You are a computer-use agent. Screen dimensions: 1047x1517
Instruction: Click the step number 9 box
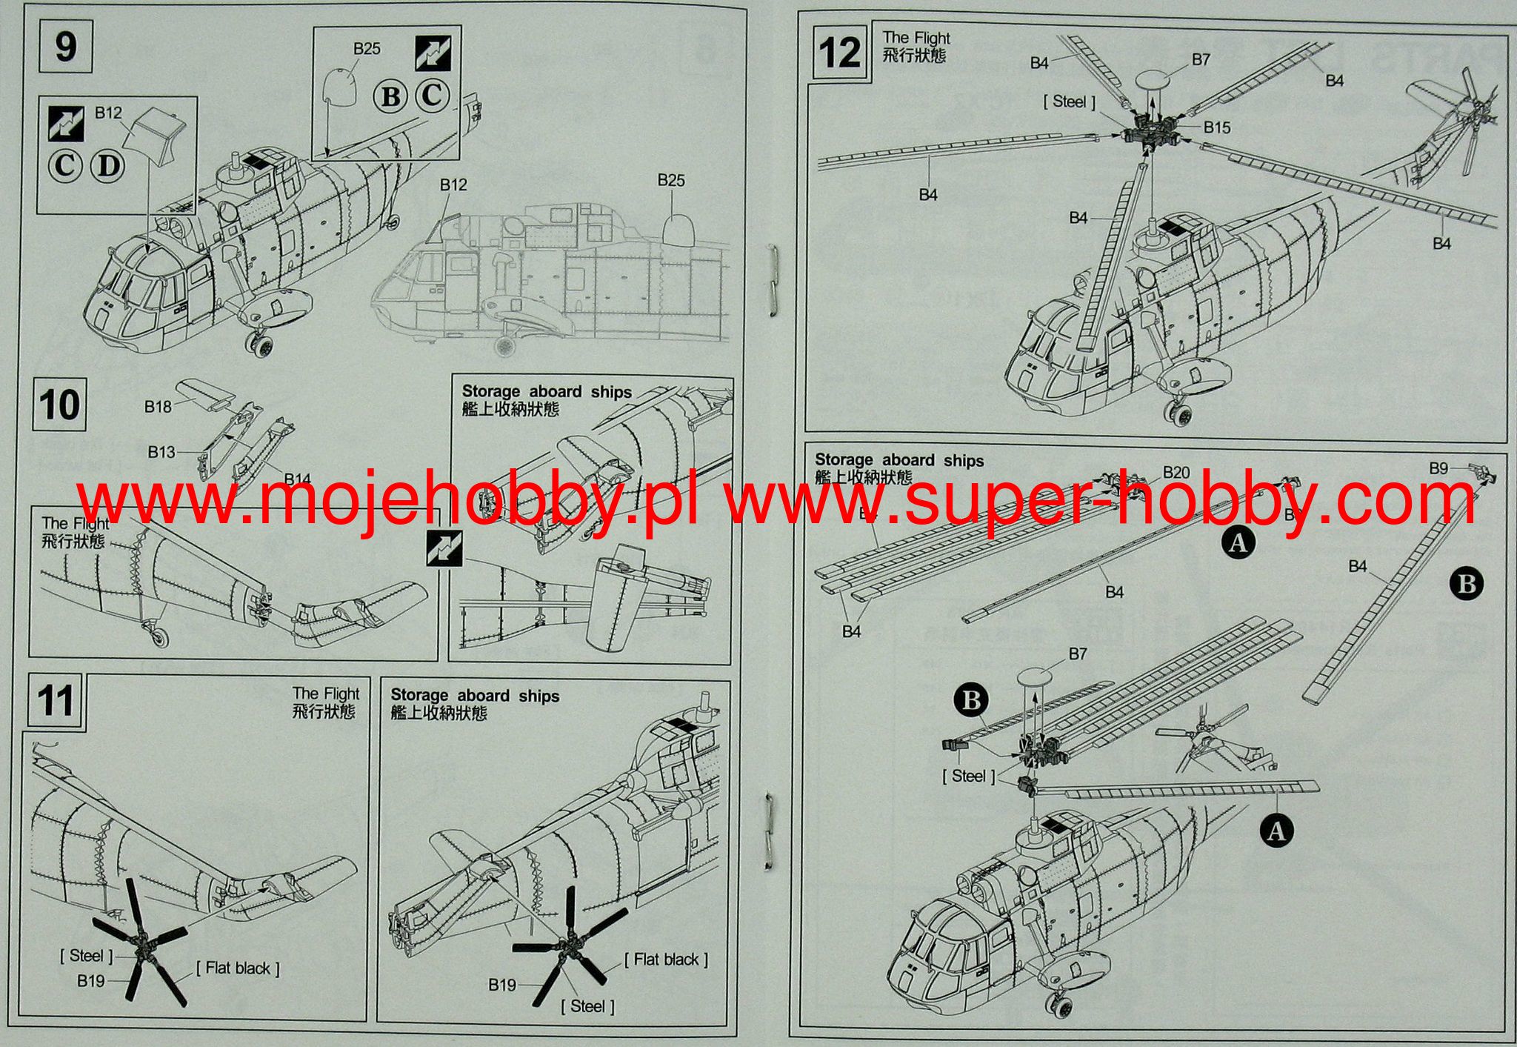(65, 47)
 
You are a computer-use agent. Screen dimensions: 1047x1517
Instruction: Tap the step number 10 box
(59, 405)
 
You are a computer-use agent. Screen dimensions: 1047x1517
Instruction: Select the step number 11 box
(56, 700)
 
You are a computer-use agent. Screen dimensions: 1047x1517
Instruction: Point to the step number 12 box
(839, 53)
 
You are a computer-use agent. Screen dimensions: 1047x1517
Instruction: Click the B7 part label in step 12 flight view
(1201, 60)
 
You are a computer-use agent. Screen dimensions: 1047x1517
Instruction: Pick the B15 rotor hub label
(1216, 127)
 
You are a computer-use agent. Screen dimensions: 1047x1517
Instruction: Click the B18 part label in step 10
(158, 406)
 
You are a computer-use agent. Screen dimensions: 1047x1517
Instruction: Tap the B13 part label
(161, 452)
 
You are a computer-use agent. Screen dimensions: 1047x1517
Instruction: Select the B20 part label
(1176, 473)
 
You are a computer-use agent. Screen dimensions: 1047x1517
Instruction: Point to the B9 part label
(1438, 468)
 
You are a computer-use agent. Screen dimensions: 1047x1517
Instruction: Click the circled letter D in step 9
(108, 165)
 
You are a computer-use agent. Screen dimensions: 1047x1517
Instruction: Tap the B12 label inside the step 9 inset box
(108, 113)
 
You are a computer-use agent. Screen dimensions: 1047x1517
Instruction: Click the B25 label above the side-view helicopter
(671, 180)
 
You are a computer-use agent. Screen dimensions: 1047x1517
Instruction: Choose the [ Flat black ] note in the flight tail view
(238, 968)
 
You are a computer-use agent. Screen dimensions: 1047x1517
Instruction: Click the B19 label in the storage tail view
(501, 985)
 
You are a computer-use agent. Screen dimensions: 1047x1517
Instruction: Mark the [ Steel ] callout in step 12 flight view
(1069, 102)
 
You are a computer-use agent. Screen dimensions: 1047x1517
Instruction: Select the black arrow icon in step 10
(444, 549)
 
